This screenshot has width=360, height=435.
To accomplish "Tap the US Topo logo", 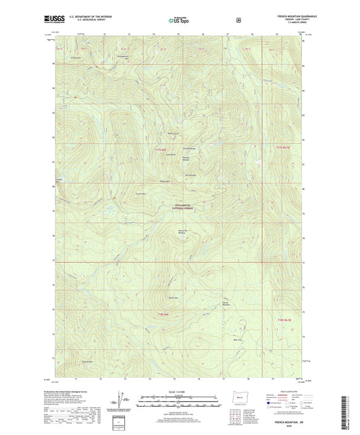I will click(x=179, y=21).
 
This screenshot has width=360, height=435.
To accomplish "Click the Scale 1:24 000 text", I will click(x=179, y=391).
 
